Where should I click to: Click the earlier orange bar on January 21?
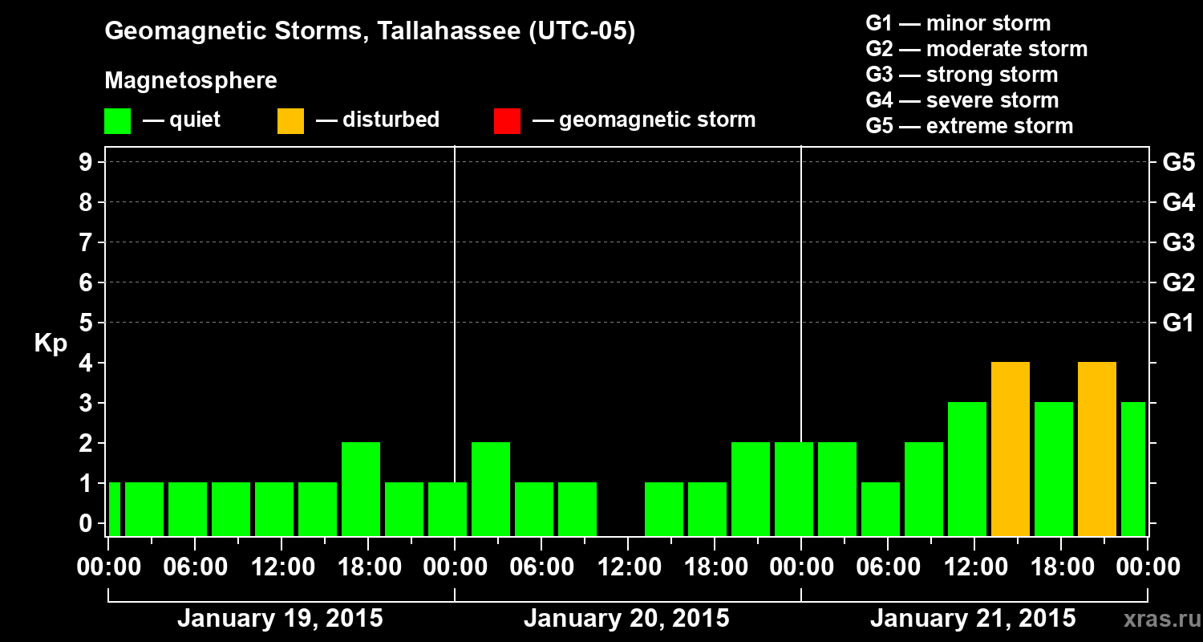pos(1011,449)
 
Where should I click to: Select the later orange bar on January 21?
pos(1097,449)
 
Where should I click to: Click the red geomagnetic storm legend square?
pos(507,120)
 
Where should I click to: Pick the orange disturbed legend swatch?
pos(290,120)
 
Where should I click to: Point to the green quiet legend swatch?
pos(117,120)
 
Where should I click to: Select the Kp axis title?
pos(51,344)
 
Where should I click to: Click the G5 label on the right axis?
pos(1178,163)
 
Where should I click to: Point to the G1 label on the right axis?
pos(1178,323)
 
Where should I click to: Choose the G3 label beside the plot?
pos(1178,243)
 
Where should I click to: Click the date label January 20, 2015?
pos(626,619)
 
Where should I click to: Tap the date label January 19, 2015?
pos(280,619)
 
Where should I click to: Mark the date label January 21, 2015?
pos(973,619)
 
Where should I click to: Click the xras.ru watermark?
pos(1156,620)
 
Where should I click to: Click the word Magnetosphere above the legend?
pos(191,81)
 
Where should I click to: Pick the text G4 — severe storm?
pos(962,100)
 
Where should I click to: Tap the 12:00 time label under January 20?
pos(628,567)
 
